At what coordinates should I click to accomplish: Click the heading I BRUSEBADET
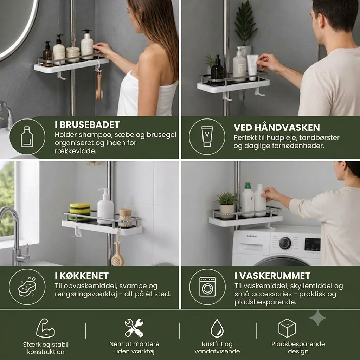point(87,125)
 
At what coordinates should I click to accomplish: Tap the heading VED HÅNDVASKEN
point(277,127)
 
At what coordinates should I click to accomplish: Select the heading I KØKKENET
point(82,276)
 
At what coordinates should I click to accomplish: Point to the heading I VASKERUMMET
point(272,276)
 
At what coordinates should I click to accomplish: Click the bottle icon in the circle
point(27,137)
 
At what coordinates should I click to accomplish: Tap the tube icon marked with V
point(207,136)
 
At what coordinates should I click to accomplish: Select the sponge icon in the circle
point(27,287)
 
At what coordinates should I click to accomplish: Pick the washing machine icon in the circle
point(207,287)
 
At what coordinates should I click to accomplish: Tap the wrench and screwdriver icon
point(134,328)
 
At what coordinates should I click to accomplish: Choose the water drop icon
point(217,328)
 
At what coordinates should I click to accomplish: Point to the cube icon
point(287,328)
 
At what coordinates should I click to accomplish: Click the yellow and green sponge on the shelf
point(80,212)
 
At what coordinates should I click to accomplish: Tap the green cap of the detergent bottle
point(248,186)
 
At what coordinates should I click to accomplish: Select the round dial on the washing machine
point(285,243)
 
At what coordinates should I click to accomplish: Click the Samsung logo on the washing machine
point(252,236)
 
